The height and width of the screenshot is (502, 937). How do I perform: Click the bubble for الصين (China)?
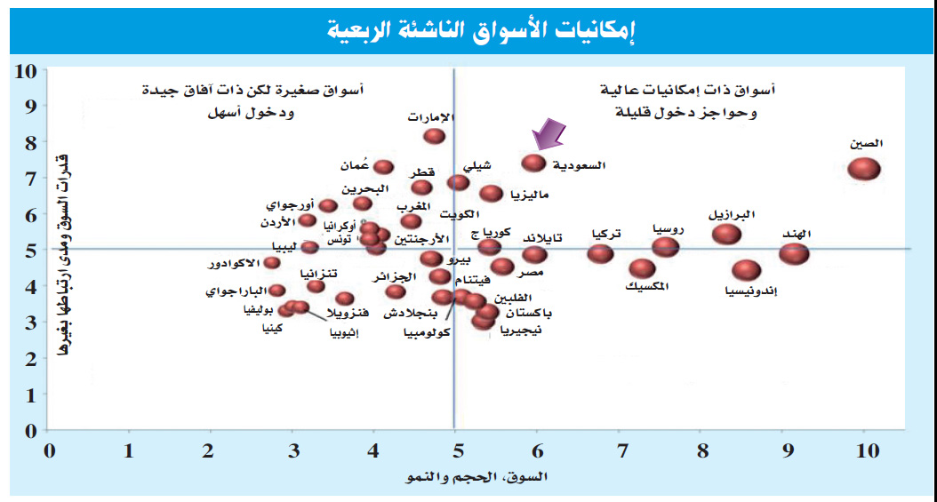pyautogui.click(x=863, y=169)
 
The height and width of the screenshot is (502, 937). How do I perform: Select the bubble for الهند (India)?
pyautogui.click(x=794, y=253)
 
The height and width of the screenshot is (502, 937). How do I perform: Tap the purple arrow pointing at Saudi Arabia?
pyautogui.click(x=548, y=137)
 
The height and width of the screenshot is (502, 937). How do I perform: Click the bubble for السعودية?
pyautogui.click(x=533, y=163)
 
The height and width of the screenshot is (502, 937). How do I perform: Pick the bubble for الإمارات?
pyautogui.click(x=434, y=136)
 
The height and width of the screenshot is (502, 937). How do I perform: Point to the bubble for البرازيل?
pyautogui.click(x=727, y=234)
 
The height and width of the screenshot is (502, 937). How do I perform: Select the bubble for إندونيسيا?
pyautogui.click(x=747, y=270)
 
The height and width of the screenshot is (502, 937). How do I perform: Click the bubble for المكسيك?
pyautogui.click(x=642, y=268)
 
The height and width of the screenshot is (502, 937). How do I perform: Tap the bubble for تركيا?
pyautogui.click(x=601, y=253)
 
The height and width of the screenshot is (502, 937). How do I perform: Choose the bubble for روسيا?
pyautogui.click(x=665, y=246)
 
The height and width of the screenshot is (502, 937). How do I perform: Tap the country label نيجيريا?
pyautogui.click(x=522, y=331)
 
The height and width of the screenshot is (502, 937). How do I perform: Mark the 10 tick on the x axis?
pyautogui.click(x=864, y=450)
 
